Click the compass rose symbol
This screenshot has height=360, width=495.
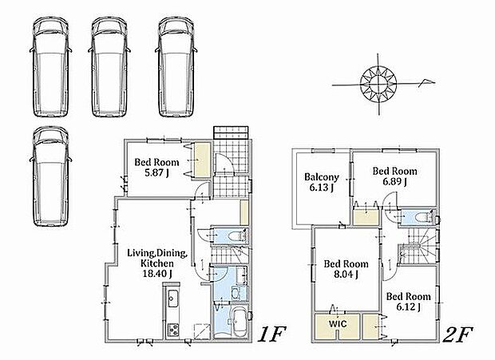378,85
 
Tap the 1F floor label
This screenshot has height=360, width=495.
271,334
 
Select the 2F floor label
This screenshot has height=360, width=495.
458,334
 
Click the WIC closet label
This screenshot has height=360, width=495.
338,324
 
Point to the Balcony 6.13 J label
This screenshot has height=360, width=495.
322,182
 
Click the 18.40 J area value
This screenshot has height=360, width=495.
157,273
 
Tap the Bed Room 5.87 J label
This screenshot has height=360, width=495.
156,167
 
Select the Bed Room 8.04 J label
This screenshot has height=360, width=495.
346,269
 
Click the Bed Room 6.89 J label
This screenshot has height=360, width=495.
394,176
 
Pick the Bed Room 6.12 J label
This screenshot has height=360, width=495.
408,302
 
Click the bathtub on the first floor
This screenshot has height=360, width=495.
239,322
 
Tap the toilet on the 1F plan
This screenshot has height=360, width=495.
236,235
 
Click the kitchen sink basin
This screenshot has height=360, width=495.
172,299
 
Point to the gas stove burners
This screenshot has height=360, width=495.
173,330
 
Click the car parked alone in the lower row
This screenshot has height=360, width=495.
50,176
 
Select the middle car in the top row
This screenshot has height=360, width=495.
109,67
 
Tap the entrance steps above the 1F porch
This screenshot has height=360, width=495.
231,133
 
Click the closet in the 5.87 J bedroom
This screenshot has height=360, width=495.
202,160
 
